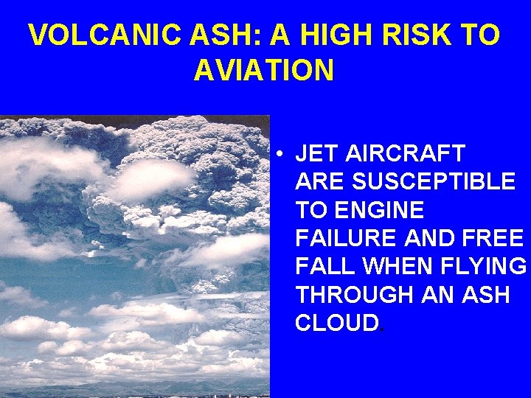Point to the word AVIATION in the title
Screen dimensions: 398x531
(x=264, y=71)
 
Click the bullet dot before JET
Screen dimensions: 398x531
(x=282, y=154)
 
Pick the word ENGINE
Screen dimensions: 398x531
(x=381, y=210)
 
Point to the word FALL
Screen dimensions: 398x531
(x=320, y=267)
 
